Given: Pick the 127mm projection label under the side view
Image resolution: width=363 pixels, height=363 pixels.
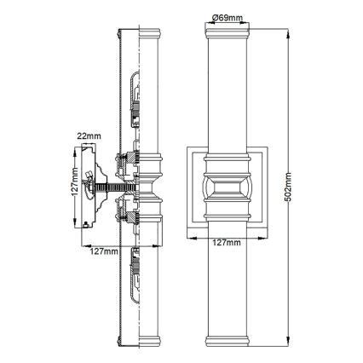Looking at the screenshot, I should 101,252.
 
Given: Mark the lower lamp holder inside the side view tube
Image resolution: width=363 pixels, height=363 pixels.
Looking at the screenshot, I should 134,273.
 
